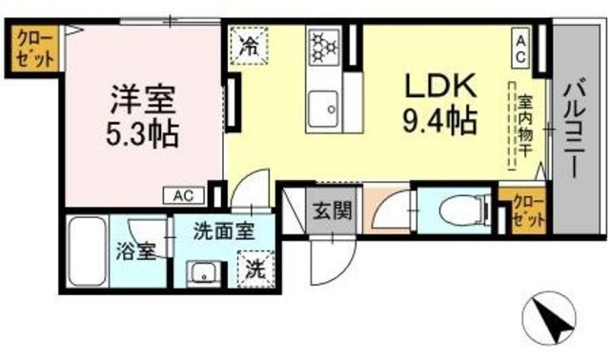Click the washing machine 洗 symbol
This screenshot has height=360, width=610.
pos(254,269)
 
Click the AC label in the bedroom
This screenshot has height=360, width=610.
pos(185,195)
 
